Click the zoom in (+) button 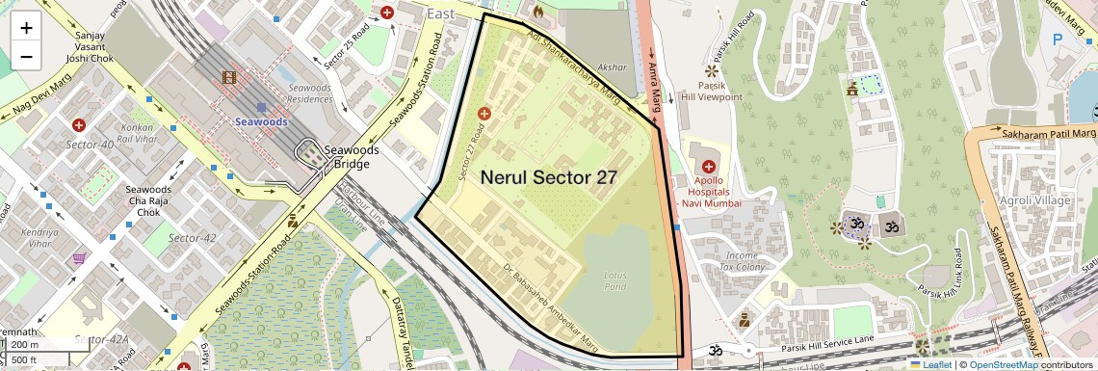click(26, 27)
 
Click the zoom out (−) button click(26, 56)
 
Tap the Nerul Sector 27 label click(548, 177)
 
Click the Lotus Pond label click(614, 280)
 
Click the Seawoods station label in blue click(261, 122)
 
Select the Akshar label click(612, 68)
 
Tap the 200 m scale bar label click(26, 344)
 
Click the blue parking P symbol click(1059, 40)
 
